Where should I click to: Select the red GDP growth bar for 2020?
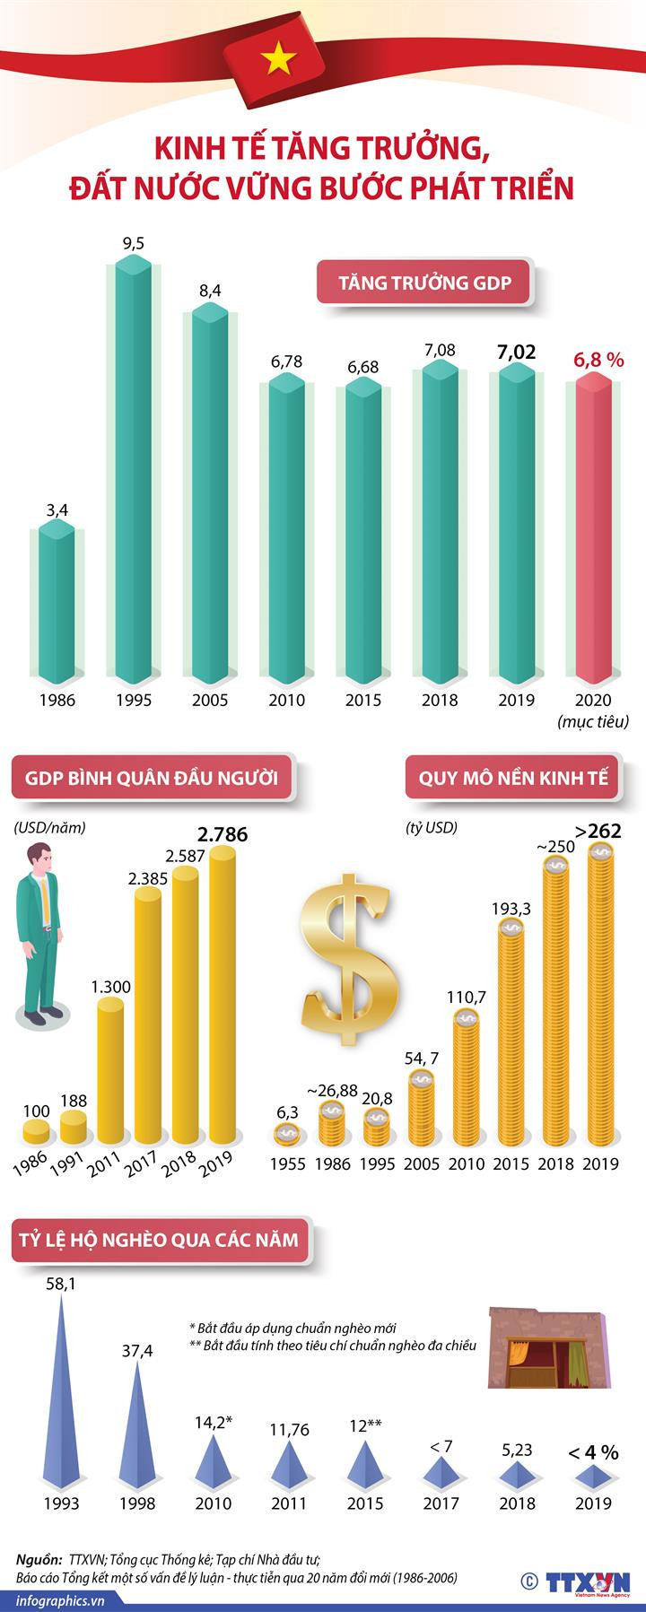[x=593, y=529]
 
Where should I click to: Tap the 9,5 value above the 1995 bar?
[x=134, y=243]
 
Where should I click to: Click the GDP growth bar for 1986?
[x=57, y=601]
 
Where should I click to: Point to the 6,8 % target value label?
[x=598, y=361]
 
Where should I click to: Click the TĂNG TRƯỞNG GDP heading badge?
[x=424, y=283]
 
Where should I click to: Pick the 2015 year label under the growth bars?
[x=363, y=701]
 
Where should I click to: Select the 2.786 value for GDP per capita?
[x=223, y=835]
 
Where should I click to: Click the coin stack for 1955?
[x=287, y=1136]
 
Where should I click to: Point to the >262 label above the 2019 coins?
[x=598, y=832]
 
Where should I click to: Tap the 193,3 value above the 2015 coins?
[x=511, y=909]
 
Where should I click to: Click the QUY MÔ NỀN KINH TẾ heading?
[x=513, y=778]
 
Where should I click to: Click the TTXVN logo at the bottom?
[x=588, y=1576]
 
